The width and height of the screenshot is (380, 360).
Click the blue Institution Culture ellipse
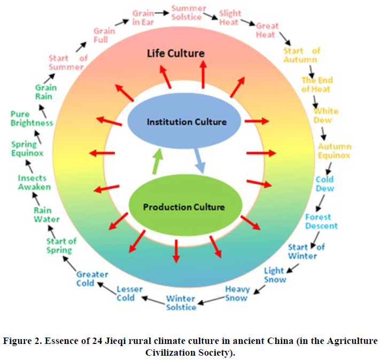pos(187,122)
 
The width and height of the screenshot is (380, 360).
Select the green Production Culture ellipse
pos(184,207)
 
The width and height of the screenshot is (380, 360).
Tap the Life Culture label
pos(176,53)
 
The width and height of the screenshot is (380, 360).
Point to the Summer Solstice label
pos(187,12)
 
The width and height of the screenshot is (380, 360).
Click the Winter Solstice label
pos(181,303)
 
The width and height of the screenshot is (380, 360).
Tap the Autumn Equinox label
pos(334,151)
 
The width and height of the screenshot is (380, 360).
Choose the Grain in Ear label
pos(143,17)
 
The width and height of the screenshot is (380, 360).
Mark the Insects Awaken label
pos(34,182)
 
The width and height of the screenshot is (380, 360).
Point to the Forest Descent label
pos(321,221)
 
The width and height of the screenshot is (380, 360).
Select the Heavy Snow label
pos(236,294)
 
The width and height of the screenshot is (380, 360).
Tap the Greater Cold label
pos(92,279)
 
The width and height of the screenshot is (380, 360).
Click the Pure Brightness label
pos(32,119)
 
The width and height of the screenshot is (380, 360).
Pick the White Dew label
pos(325,115)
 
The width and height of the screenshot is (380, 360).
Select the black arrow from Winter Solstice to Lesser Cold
pos(154,300)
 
